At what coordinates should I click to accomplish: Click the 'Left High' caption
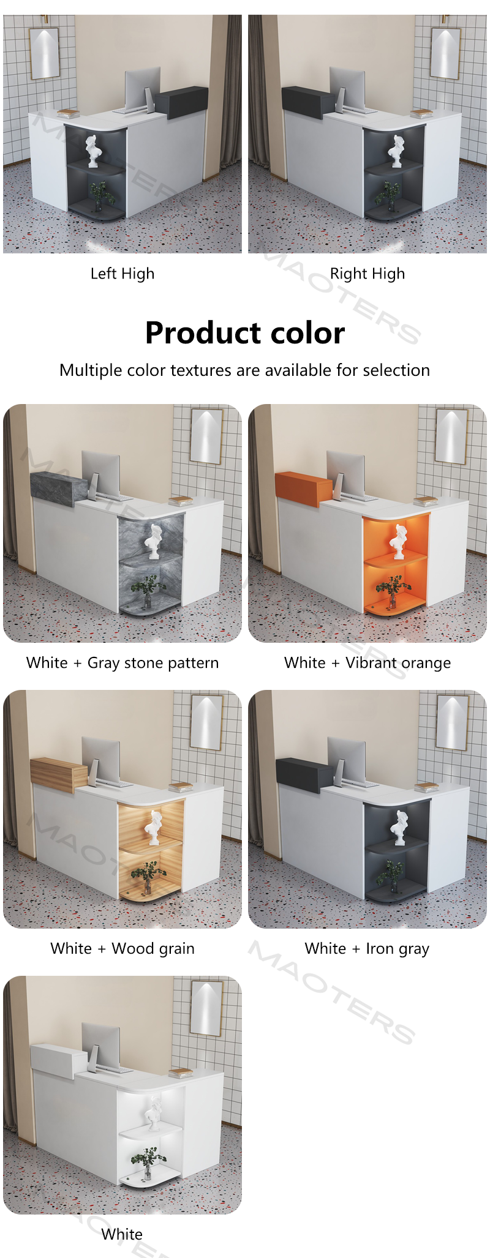123,274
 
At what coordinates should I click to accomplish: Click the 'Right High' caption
367,274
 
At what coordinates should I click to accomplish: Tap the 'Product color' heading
245,333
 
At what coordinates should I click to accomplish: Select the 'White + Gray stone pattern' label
123,663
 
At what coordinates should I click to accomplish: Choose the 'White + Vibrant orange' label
367,663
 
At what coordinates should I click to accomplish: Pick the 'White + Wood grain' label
123,949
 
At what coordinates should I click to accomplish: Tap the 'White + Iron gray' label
367,949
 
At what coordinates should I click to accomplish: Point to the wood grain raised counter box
59,774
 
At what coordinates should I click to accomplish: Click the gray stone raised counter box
59,489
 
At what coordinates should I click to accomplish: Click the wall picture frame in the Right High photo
445,53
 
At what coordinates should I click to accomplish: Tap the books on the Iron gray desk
426,787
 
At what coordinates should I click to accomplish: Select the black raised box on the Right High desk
308,101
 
